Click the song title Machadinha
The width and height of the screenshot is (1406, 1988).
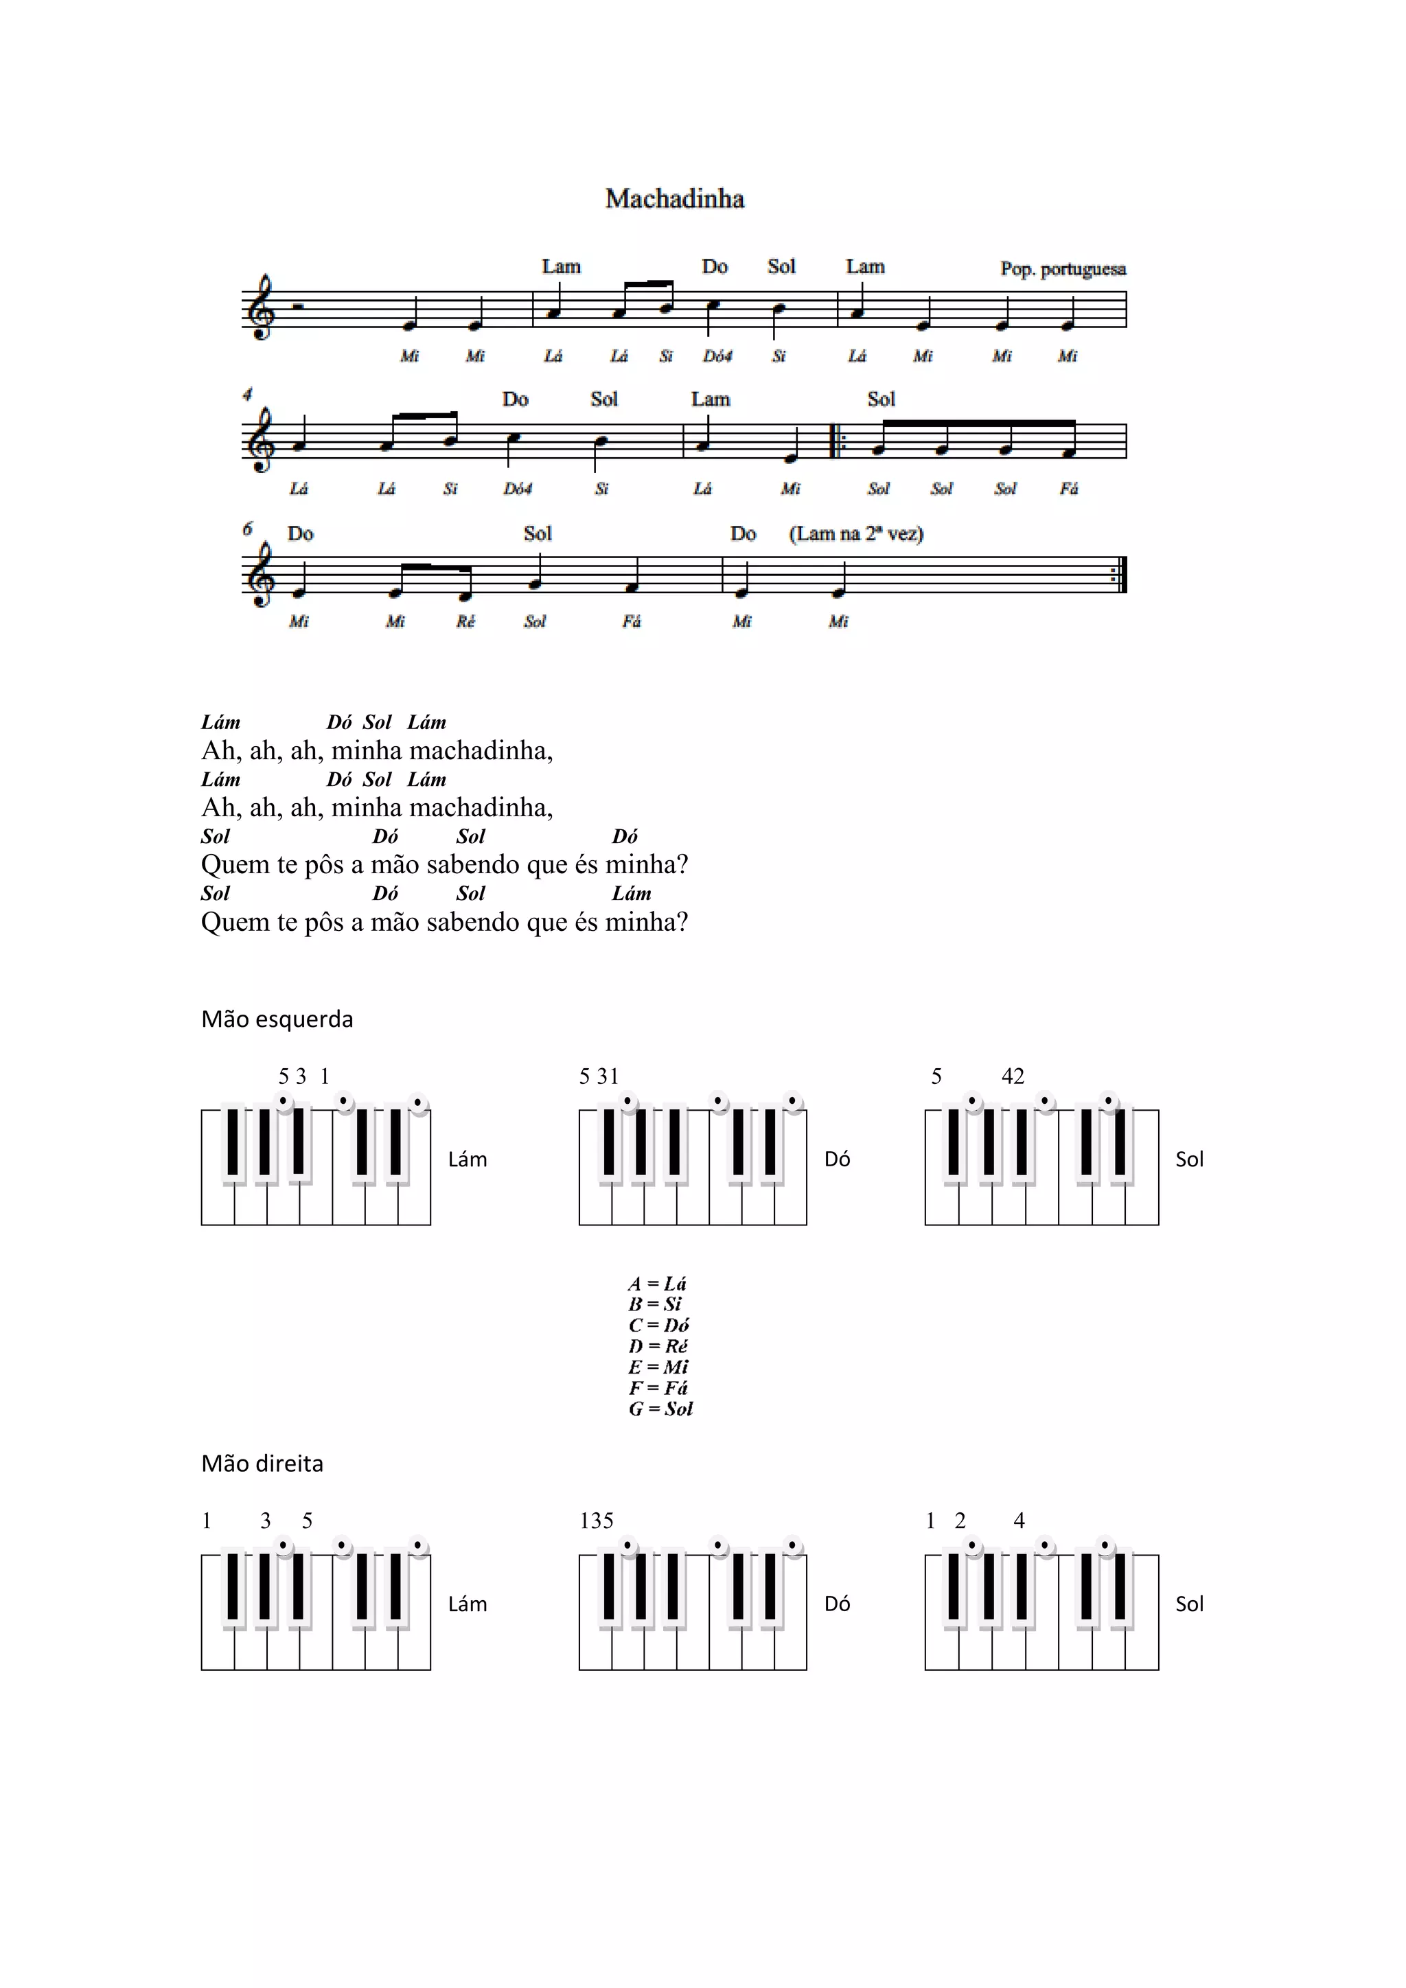674,198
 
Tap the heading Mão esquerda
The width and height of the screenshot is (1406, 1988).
277,1019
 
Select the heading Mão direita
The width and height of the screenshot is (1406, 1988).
262,1464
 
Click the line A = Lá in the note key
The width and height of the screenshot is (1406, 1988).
657,1283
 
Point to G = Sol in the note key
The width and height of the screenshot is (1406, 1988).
660,1409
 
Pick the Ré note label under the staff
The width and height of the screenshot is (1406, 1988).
465,621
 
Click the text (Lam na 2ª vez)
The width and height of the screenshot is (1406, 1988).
855,533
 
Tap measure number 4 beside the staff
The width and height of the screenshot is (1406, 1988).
248,395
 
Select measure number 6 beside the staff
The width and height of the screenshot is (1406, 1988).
248,528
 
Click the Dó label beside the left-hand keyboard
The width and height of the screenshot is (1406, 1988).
837,1159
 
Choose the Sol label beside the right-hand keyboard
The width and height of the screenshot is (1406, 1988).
1190,1604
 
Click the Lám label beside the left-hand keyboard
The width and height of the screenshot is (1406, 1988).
468,1159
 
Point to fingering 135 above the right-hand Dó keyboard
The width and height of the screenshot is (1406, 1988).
597,1521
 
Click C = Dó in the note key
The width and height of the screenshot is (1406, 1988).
659,1325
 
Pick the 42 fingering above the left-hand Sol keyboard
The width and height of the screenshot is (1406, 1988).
1013,1076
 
